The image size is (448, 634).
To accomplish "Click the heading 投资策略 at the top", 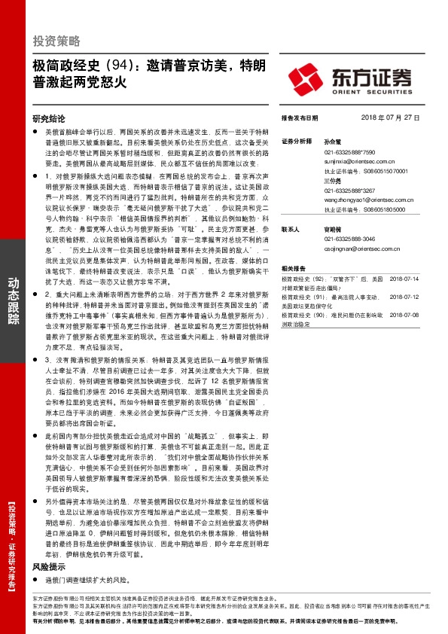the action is click(x=56, y=40).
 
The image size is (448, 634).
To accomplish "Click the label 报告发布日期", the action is click(x=300, y=118).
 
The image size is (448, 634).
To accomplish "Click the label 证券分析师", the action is click(x=296, y=142).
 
